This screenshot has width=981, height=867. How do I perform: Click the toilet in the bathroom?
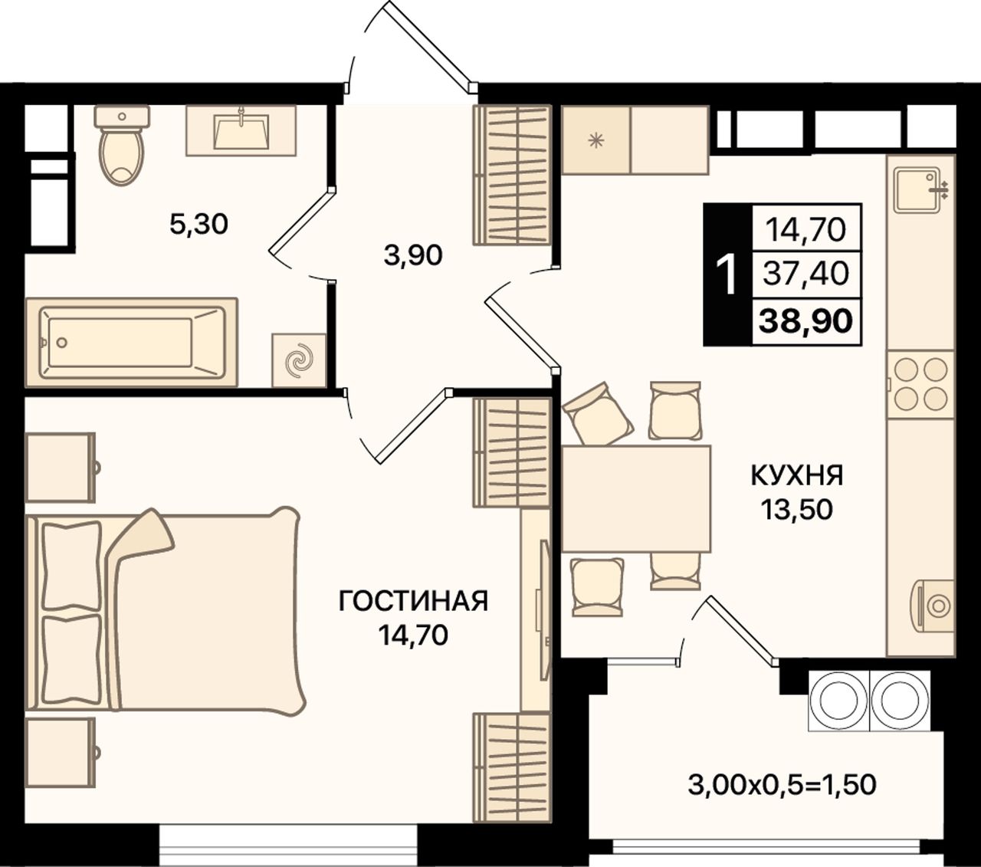(122, 146)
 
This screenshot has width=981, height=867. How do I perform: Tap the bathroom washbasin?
(241, 131)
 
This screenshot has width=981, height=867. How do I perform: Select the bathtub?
(132, 343)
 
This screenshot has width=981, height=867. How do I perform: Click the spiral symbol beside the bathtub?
(299, 360)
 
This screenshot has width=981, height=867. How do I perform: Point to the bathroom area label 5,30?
(199, 225)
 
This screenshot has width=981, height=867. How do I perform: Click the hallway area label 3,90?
(413, 255)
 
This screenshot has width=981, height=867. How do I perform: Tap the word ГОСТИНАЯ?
(413, 602)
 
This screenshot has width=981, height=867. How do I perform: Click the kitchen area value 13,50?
(797, 509)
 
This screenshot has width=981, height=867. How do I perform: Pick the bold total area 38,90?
(805, 320)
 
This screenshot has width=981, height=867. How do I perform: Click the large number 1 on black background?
(727, 274)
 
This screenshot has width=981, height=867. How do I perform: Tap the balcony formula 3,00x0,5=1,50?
(782, 785)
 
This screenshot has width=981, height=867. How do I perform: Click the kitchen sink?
(917, 189)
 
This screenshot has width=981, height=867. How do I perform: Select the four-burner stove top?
(920, 385)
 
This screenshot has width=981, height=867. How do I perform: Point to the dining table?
(636, 499)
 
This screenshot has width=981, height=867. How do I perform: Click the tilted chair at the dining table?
(598, 413)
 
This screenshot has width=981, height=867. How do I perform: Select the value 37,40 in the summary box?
(806, 274)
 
